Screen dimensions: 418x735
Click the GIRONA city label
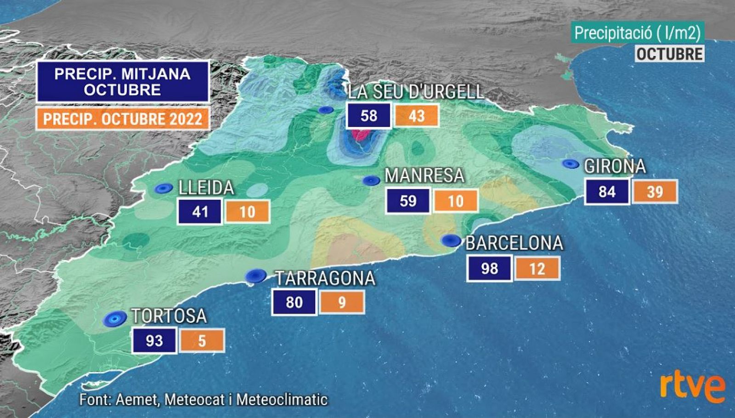pyautogui.click(x=615, y=166)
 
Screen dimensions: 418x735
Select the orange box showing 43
pyautogui.click(x=417, y=116)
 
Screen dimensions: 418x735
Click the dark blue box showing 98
pyautogui.click(x=489, y=268)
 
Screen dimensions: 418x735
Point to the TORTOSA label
pyautogui.click(x=169, y=316)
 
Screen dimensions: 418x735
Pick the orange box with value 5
pyautogui.click(x=202, y=341)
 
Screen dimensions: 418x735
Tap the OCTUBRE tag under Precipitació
pyautogui.click(x=670, y=54)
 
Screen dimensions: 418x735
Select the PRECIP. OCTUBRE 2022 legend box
pyautogui.click(x=123, y=119)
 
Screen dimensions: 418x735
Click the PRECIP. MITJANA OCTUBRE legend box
pyautogui.click(x=123, y=82)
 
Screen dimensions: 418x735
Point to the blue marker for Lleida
pyautogui.click(x=163, y=188)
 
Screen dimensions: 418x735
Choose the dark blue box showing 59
pyautogui.click(x=408, y=201)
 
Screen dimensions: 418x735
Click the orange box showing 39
pyautogui.click(x=655, y=192)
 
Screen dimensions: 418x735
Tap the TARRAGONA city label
pyautogui.click(x=325, y=278)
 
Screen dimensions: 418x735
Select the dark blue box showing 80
pyautogui.click(x=294, y=302)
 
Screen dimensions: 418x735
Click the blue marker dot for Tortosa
pyautogui.click(x=114, y=318)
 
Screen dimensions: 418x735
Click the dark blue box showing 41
pyautogui.click(x=200, y=212)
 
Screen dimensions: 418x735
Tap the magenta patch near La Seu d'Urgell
pyautogui.click(x=361, y=135)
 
